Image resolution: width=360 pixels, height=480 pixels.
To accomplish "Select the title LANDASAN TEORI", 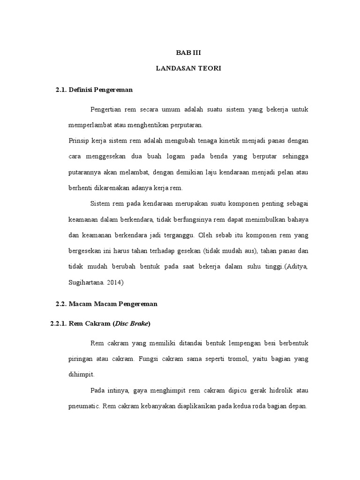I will point(188,68).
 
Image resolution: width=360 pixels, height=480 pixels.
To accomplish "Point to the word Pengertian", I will point(106,109).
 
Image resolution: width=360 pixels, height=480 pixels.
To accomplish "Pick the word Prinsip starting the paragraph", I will point(78,141).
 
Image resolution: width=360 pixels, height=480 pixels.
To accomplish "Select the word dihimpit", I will point(81,375).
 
